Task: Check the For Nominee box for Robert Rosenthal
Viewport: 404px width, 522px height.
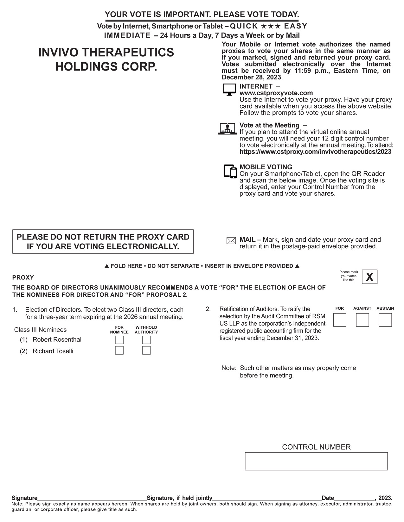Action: click(119, 340)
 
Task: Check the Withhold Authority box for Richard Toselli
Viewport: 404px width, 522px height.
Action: click(146, 351)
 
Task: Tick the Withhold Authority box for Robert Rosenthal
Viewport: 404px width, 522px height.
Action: click(146, 340)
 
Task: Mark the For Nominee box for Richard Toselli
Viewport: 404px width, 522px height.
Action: click(119, 351)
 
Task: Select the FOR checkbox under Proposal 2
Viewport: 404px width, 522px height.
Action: click(340, 320)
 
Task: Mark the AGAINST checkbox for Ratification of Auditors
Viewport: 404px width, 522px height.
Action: click(362, 320)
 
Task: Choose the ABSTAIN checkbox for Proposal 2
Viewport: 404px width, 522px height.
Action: click(385, 320)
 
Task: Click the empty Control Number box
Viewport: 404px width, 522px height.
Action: click(316, 461)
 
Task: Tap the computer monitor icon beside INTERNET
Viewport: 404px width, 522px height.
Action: click(229, 90)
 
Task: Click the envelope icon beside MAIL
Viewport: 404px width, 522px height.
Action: click(231, 241)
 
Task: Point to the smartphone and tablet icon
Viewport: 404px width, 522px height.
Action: click(230, 171)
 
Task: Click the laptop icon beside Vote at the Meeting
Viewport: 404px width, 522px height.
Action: click(228, 128)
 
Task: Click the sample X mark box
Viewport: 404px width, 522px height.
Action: click(369, 277)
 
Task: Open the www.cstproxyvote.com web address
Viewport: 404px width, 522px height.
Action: click(276, 93)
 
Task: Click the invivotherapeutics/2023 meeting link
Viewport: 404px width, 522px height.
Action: click(315, 152)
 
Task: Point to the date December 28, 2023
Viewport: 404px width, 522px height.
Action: click(251, 77)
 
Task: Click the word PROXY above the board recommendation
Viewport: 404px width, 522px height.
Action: click(23, 277)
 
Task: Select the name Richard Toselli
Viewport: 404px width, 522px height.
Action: click(53, 351)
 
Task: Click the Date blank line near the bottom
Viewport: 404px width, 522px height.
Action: click(354, 498)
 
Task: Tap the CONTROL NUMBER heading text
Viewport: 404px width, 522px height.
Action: click(316, 447)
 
